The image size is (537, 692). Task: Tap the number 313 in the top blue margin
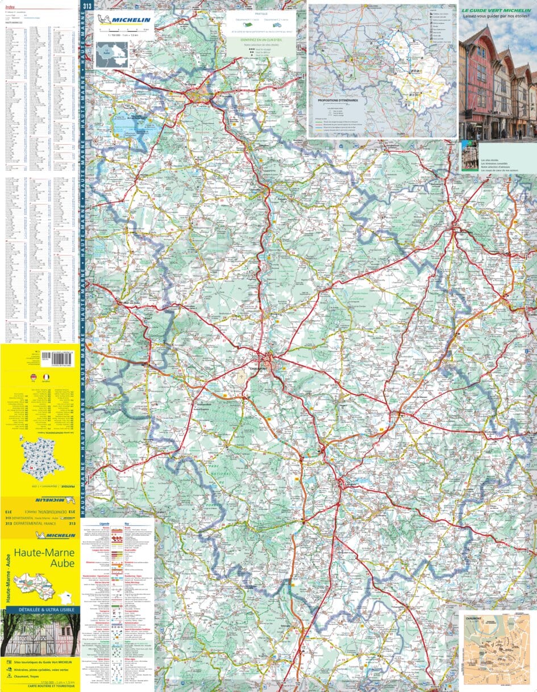tap(86, 6)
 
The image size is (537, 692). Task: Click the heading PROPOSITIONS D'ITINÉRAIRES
tap(339, 100)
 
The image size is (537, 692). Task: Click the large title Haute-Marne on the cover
tap(41, 552)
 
